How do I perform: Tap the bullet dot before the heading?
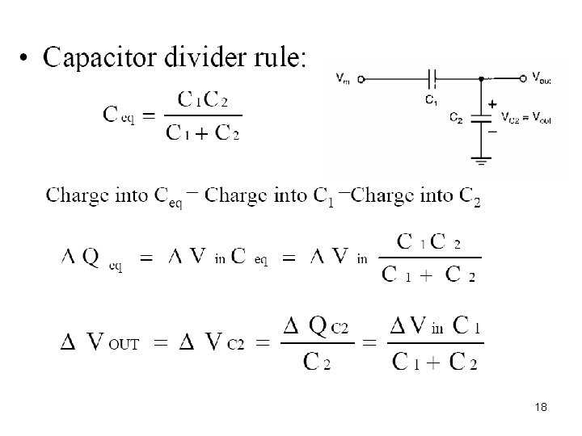tap(27, 59)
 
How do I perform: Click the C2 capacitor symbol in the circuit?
tap(483, 116)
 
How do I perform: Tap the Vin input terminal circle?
tap(360, 78)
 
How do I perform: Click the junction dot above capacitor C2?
tap(483, 78)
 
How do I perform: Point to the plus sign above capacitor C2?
tap(491, 104)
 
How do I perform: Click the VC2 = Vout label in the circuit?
tap(527, 118)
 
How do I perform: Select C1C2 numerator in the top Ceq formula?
tap(203, 99)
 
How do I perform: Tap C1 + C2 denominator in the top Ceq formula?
tap(203, 132)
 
